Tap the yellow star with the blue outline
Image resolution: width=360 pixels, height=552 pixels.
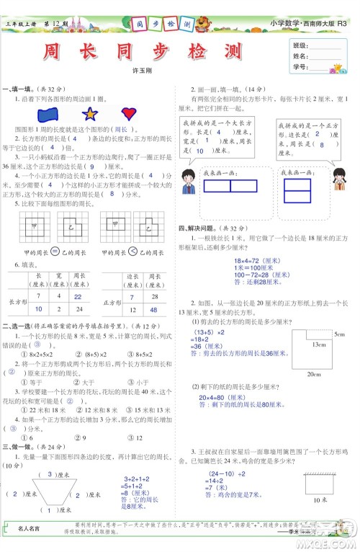90,114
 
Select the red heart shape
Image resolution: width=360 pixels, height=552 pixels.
130,113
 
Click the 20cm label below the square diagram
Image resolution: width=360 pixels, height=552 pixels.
313,375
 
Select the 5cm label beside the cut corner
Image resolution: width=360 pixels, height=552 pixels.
339,334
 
